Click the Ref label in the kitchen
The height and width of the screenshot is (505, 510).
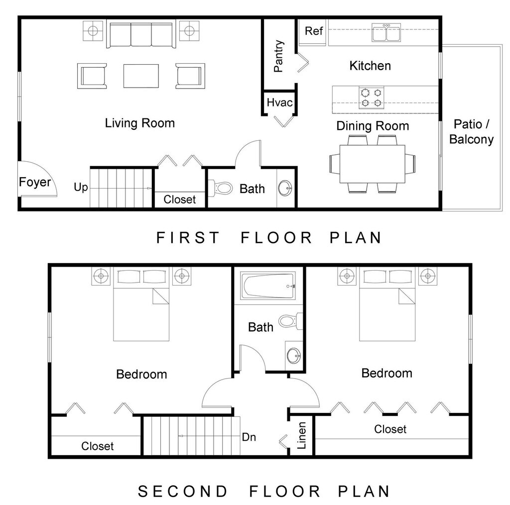(314, 31)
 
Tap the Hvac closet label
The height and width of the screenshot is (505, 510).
(279, 102)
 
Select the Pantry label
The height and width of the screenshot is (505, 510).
(279, 56)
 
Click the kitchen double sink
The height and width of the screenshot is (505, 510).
(386, 32)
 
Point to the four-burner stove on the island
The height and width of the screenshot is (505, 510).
(372, 98)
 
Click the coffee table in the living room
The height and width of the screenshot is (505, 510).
(141, 76)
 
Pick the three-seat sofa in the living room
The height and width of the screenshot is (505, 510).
(141, 35)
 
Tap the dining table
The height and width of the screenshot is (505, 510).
(373, 164)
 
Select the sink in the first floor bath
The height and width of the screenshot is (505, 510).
(284, 188)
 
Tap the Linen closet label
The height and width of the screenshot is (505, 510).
(302, 435)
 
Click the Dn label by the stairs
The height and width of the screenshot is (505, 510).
(249, 437)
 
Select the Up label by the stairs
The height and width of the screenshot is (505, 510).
(81, 188)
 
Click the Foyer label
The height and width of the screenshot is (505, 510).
(35, 182)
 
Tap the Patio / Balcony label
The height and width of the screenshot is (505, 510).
(471, 132)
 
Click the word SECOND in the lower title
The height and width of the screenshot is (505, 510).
(183, 492)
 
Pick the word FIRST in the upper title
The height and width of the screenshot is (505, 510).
(188, 237)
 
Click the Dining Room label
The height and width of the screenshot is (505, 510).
(373, 126)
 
